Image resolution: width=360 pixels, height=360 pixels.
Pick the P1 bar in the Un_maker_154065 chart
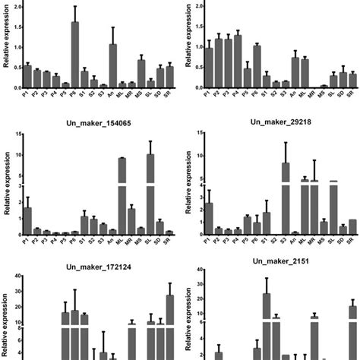27,219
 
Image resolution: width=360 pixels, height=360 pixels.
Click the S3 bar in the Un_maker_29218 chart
286,197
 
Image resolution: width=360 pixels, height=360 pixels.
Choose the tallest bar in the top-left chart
75,54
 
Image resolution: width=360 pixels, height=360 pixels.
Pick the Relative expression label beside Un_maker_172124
5,319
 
